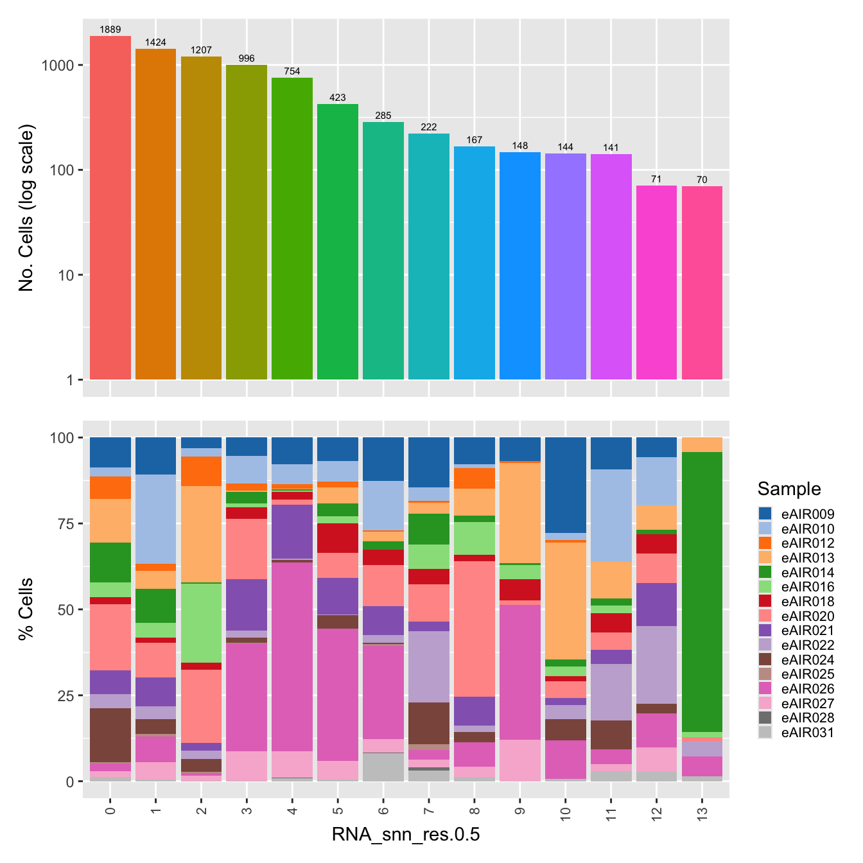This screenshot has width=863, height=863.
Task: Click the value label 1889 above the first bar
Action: pos(110,30)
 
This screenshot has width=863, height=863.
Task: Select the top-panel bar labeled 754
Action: pos(292,228)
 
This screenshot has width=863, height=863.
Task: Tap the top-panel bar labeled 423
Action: pos(338,241)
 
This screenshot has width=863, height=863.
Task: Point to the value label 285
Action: pos(383,116)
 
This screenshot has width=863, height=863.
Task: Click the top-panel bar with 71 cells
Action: pos(656,283)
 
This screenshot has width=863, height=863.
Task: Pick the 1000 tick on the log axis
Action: pos(59,65)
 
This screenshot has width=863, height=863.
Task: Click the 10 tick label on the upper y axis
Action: pos(66,275)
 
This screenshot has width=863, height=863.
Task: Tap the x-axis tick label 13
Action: pos(702,810)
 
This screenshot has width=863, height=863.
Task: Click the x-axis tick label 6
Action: pos(383,810)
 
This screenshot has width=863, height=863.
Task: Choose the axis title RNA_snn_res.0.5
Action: pos(406,835)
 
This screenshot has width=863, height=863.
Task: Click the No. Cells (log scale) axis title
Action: pos(26,208)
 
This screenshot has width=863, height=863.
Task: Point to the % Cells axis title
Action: pos(26,609)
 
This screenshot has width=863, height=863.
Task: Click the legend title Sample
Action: pos(789,489)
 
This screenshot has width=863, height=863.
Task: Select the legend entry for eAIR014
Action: pos(807,572)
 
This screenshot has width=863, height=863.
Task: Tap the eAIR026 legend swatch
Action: pos(765,689)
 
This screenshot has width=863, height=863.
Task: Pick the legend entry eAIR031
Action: pos(807,733)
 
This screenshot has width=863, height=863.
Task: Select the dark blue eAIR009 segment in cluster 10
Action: pos(565,485)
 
